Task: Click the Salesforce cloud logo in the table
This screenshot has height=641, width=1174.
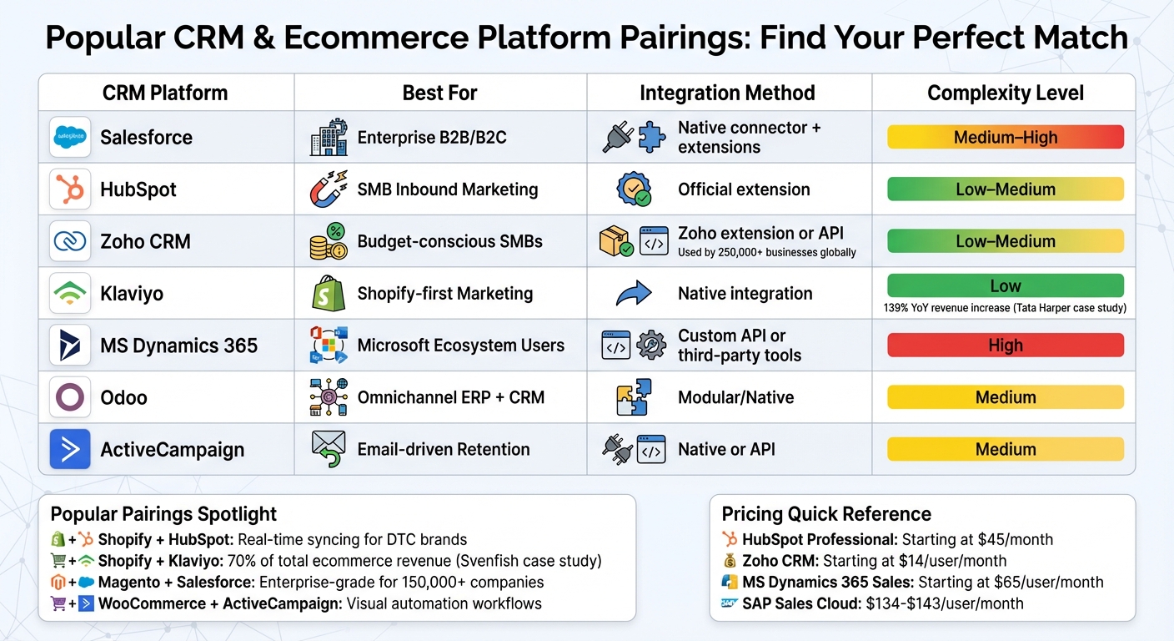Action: [70, 138]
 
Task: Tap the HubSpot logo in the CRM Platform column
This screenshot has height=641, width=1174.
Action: [70, 189]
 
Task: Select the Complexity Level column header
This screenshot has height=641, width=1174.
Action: [1005, 93]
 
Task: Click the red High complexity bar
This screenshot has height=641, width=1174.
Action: [1005, 346]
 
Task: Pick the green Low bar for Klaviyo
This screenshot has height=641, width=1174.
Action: [1005, 286]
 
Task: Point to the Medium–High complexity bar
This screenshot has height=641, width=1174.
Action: [1005, 138]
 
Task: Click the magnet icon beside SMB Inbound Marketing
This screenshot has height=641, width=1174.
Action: [329, 189]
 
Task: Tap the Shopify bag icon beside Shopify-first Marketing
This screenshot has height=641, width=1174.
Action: [328, 294]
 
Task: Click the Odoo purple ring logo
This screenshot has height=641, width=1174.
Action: [70, 397]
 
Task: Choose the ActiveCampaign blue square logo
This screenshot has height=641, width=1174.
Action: [70, 449]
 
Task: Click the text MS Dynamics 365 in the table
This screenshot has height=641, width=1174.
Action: [178, 346]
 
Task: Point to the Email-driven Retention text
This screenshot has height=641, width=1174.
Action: [444, 449]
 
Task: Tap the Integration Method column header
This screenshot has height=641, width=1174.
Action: [727, 93]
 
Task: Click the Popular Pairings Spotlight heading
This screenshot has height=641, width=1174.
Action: [163, 513]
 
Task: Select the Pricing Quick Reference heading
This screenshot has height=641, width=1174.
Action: [825, 513]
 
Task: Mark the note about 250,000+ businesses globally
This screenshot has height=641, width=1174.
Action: [766, 252]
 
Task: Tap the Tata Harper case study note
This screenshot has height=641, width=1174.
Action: [1005, 308]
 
